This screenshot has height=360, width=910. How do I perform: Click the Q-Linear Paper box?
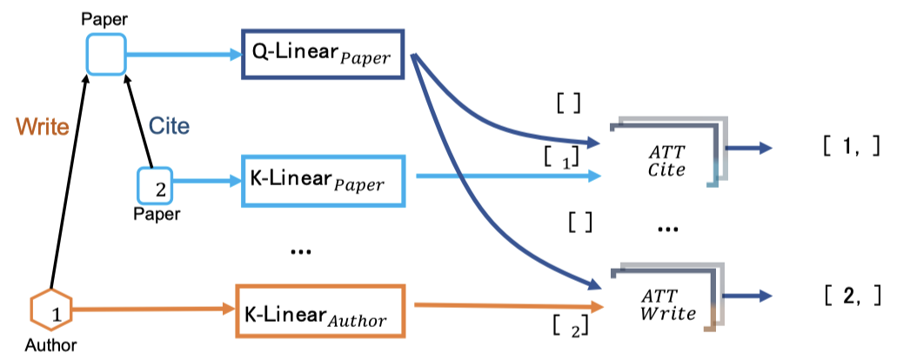point(323,54)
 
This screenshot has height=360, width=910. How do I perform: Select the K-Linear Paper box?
point(323,180)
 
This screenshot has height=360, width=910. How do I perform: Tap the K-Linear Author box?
point(320,310)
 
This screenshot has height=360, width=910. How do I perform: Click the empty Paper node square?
point(106,55)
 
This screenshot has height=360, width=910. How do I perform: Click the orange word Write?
point(43,126)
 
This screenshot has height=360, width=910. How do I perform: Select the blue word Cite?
point(170,125)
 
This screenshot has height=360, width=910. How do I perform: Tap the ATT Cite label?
point(666,161)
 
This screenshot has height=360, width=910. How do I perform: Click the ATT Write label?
point(668,305)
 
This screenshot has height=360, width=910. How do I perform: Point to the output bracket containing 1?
point(852,147)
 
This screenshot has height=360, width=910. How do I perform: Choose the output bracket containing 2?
point(853,297)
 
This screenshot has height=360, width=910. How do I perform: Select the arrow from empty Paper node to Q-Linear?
point(184,55)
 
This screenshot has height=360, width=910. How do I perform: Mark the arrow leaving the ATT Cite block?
point(749,148)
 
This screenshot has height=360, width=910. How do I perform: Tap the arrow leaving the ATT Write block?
point(749,296)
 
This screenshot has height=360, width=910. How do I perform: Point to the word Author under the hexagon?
point(50,346)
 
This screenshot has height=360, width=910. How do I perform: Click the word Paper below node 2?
point(157,215)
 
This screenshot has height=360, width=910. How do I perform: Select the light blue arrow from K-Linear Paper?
point(508,176)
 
